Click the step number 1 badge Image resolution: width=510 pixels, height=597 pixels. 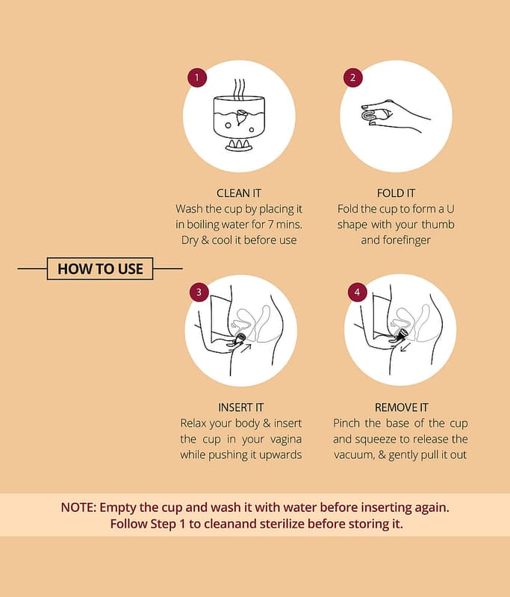click(197, 78)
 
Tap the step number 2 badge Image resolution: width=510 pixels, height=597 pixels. click(352, 78)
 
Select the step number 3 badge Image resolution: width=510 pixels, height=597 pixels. click(199, 293)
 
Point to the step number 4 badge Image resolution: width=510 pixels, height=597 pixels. click(357, 293)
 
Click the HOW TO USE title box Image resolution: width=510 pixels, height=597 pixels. click(100, 269)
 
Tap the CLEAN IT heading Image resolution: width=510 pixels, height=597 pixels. click(239, 193)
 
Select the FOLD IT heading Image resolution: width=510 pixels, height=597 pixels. click(396, 193)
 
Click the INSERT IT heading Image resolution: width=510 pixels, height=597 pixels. click(240, 407)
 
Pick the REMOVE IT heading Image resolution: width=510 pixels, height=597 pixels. click(402, 407)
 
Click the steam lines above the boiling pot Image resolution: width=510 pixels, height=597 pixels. click(239, 90)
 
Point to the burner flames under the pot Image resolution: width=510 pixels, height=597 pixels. click(239, 144)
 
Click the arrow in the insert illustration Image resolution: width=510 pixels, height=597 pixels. click(246, 348)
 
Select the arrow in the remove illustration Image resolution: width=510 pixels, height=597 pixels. click(405, 347)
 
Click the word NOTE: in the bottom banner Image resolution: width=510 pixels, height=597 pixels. click(79, 507)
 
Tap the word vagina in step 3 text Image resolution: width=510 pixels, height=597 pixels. click(286, 440)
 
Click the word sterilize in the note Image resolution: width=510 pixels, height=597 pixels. click(282, 524)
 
